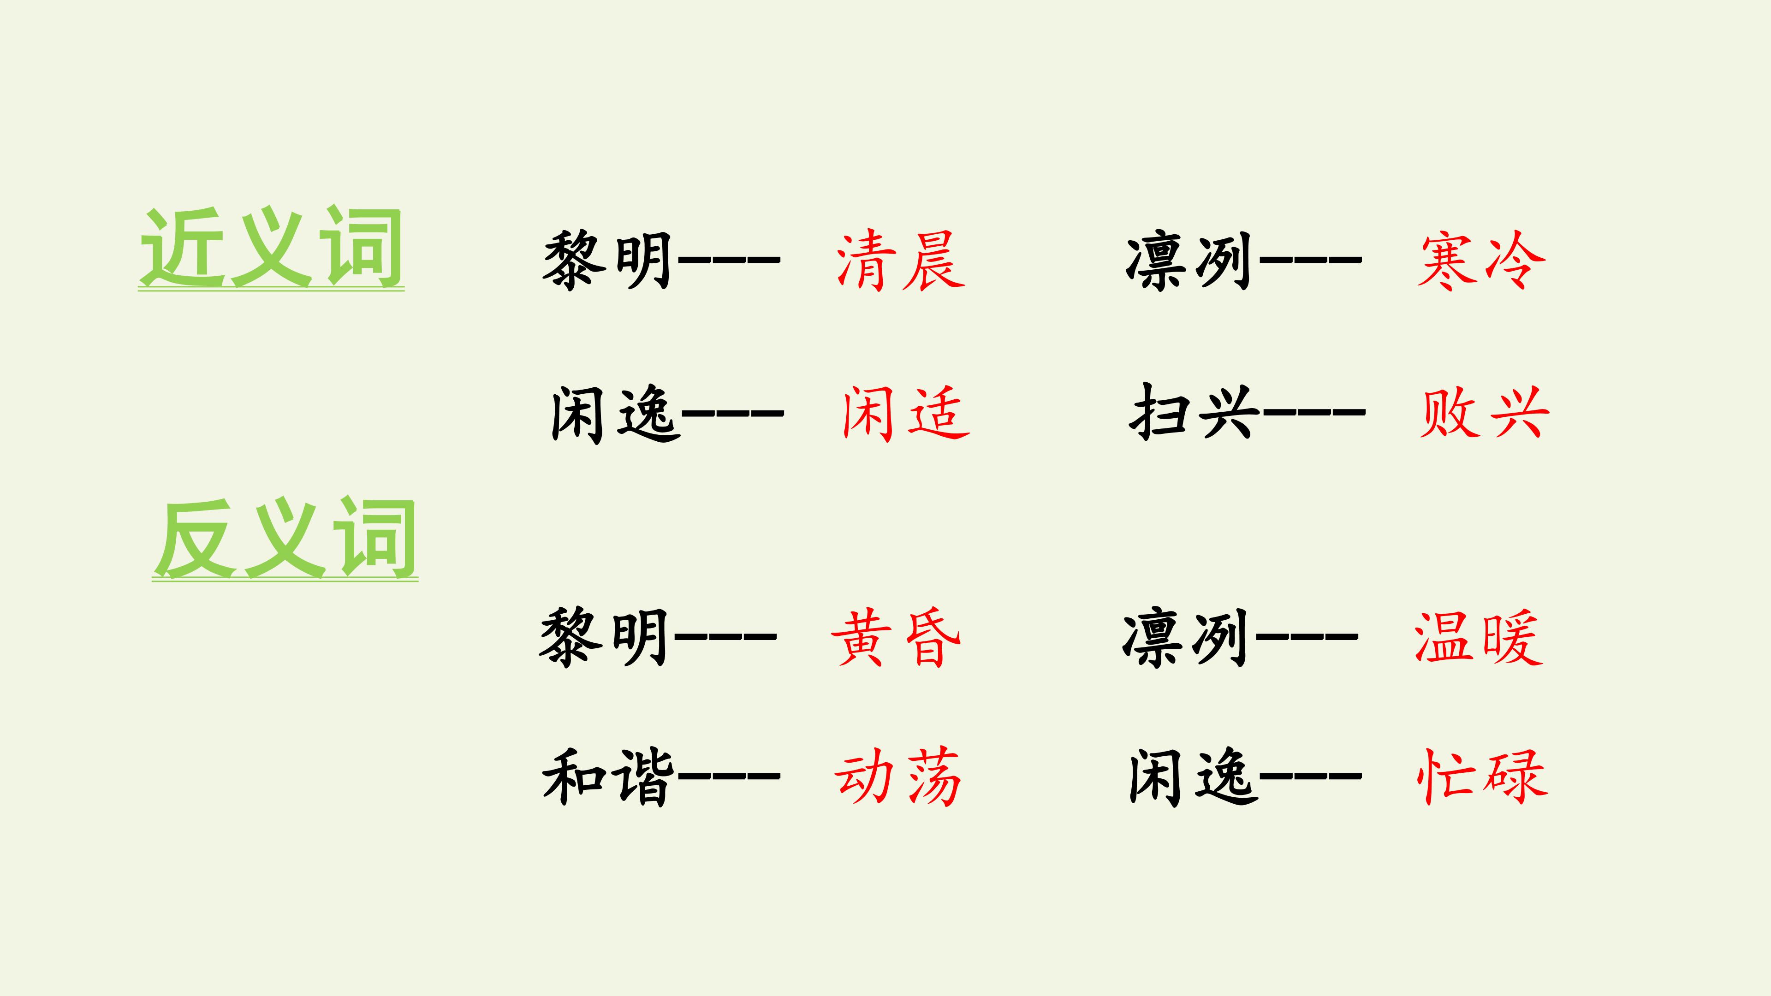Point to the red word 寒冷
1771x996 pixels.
point(1481,261)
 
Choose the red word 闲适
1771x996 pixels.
point(905,413)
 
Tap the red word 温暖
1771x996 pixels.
point(1478,637)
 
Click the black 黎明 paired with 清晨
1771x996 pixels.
point(607,261)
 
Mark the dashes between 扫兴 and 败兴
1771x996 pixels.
point(1313,412)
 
